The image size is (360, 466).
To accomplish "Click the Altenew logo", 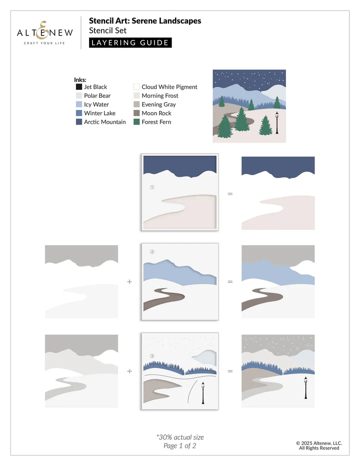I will tap(45, 32).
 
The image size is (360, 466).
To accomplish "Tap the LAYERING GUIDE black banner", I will tap(130, 42).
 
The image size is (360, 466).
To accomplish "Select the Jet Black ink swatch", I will tap(79, 87).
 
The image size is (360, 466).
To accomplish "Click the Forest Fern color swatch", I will tap(136, 122).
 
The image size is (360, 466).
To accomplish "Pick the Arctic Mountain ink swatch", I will tap(79, 122).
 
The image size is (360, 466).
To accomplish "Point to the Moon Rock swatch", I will tap(136, 113).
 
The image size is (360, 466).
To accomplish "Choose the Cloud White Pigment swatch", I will tap(136, 87).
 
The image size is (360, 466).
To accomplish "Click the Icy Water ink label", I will tap(96, 104).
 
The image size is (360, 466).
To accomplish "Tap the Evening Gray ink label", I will tap(158, 104).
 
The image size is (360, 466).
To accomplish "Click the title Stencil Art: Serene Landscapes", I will tap(145, 21).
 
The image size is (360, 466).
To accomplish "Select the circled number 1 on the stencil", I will tap(152, 187).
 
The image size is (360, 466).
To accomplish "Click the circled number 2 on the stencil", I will tap(152, 251).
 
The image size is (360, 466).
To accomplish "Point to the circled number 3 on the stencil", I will tap(152, 356).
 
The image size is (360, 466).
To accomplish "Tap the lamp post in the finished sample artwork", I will tap(276, 123).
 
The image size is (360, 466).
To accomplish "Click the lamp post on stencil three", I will tap(203, 392).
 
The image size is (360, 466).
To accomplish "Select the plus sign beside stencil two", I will tap(130, 281).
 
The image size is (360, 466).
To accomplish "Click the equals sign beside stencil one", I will tap(230, 193).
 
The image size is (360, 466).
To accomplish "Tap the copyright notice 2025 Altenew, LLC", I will tap(318, 442).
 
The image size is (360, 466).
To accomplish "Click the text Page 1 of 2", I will tap(180, 446).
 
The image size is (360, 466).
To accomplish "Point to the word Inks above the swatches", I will tap(80, 80).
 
